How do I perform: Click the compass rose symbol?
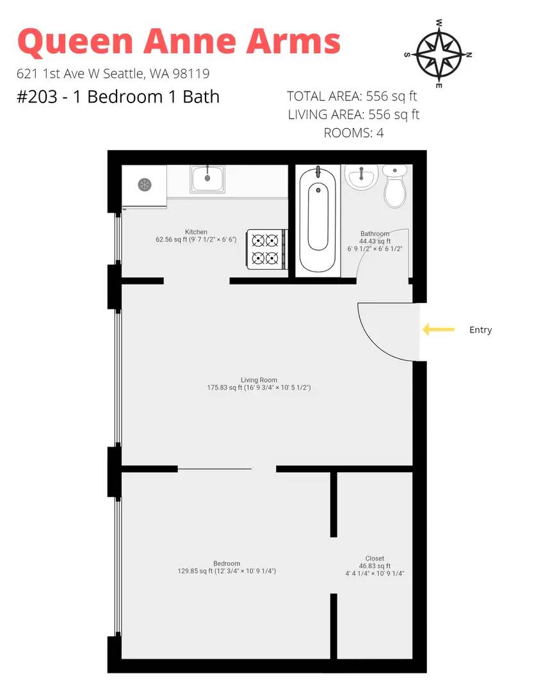click(439, 54)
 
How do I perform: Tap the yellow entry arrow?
click(439, 329)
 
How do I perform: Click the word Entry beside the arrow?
click(480, 330)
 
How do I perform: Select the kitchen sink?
click(207, 179)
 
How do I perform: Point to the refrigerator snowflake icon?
click(145, 184)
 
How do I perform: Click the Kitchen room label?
click(196, 232)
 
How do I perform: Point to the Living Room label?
click(259, 380)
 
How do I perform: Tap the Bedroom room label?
click(227, 564)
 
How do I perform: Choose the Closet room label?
click(375, 558)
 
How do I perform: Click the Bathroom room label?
click(375, 233)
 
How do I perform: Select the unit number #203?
click(37, 97)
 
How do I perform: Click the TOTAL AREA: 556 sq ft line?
click(352, 96)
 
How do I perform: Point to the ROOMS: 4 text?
click(353, 133)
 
